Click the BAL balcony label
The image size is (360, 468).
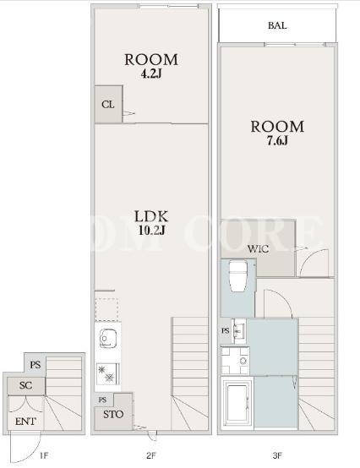click(x=277, y=25)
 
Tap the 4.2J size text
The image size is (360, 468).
click(x=151, y=73)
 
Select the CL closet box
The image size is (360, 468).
click(x=108, y=104)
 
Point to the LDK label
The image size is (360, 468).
click(x=151, y=216)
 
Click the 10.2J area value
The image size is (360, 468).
click(x=151, y=231)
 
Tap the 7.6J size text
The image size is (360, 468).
click(x=277, y=141)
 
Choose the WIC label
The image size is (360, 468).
click(x=259, y=248)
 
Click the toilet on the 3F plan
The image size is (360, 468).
click(x=238, y=276)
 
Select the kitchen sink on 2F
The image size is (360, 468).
click(x=108, y=339)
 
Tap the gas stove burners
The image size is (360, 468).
click(x=108, y=373)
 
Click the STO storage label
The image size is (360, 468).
click(x=113, y=414)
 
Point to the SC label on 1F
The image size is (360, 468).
click(x=25, y=385)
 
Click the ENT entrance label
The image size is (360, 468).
click(x=25, y=422)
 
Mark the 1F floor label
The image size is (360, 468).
click(x=44, y=455)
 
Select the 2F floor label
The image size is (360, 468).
click(x=151, y=455)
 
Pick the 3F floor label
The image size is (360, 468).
click(x=277, y=455)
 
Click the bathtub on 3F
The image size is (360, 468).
click(x=237, y=403)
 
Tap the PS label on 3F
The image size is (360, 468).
click(x=226, y=330)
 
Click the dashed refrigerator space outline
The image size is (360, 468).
click(x=106, y=309)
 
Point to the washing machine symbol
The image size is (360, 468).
click(x=235, y=361)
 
